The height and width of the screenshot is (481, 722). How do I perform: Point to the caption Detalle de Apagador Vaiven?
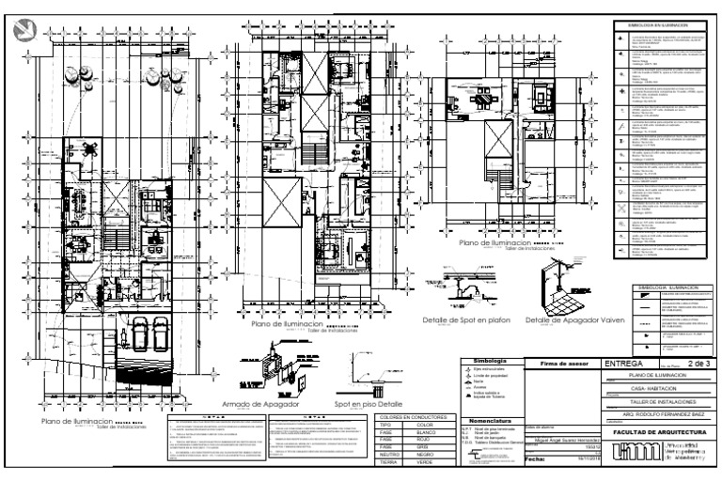pos(562,320)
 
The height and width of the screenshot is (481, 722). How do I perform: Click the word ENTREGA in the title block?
pos(623,362)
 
